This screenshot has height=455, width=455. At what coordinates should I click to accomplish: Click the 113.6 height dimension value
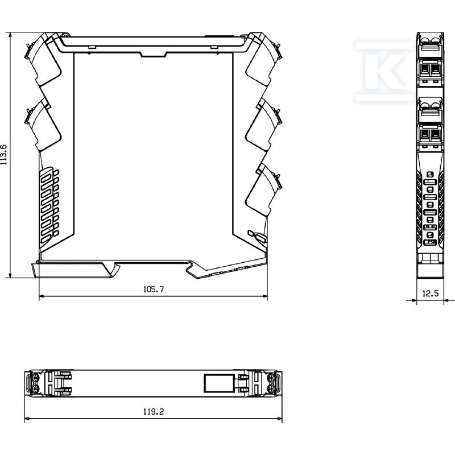tap(3, 155)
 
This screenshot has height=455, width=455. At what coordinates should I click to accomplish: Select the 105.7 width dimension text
tap(154, 289)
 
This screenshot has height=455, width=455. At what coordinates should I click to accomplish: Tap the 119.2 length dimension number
tap(154, 412)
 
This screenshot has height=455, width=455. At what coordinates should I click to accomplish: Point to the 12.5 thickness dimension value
tap(431, 293)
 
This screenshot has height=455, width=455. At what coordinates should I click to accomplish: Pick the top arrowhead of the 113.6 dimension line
tap(10, 35)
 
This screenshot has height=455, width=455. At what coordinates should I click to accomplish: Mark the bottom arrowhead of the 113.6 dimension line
tap(10, 275)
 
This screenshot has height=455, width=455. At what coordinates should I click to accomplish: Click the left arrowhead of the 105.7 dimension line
tap(42, 296)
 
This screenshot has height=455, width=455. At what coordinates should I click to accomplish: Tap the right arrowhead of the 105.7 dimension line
tap(264, 296)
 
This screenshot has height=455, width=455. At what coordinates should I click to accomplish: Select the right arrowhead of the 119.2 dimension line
tap(279, 419)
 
